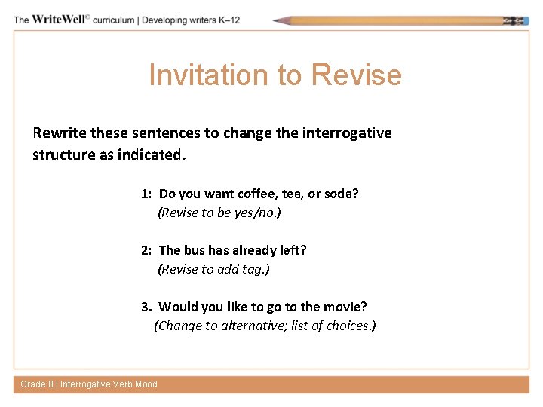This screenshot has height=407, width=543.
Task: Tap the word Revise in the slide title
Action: coord(356,75)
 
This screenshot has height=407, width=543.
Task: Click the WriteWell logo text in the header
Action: coord(59,20)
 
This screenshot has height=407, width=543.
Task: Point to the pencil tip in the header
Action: coord(278,20)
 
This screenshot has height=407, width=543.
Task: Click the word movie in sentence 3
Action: coord(345,307)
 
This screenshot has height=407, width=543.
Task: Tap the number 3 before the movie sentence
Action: coord(146,307)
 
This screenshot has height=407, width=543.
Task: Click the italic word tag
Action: coord(251,268)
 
